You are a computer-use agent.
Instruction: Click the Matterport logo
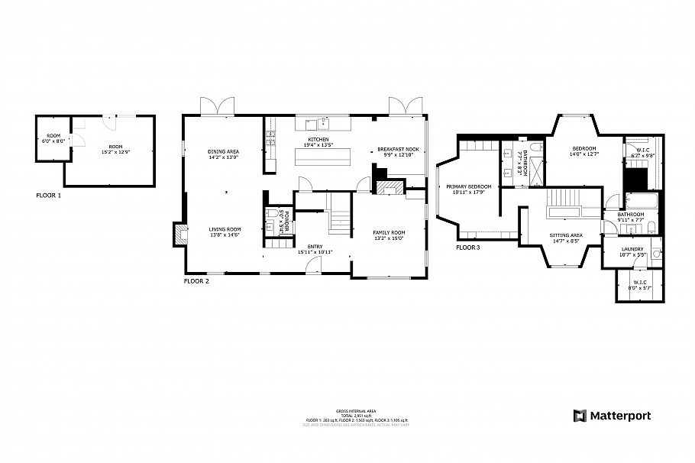pyautogui.click(x=612, y=416)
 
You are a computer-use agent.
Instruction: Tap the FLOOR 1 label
pyautogui.click(x=48, y=196)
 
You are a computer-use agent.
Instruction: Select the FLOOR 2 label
pyautogui.click(x=196, y=281)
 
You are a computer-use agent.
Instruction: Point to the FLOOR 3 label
pyautogui.click(x=469, y=248)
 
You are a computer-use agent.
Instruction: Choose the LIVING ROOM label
pyautogui.click(x=225, y=229)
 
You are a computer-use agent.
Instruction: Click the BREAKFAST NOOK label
pyautogui.click(x=398, y=149)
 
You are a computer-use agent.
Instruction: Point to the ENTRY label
pyautogui.click(x=314, y=247)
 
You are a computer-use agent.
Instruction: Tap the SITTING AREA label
pyautogui.click(x=566, y=235)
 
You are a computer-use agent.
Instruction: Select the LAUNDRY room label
pyautogui.click(x=632, y=249)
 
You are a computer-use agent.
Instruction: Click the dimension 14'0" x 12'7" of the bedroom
pyautogui.click(x=584, y=154)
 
